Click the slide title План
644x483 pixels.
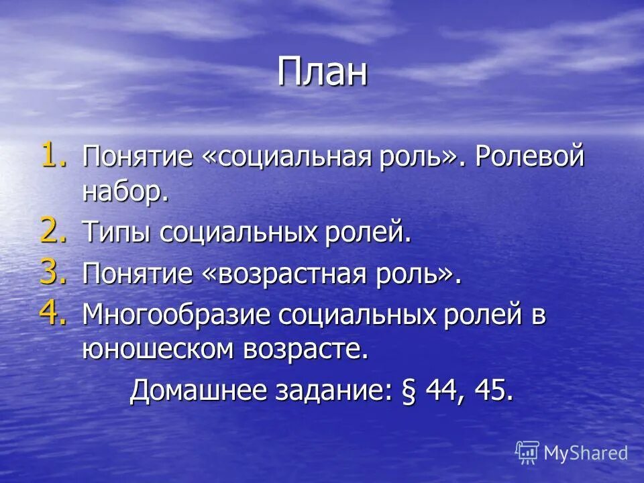point(323,72)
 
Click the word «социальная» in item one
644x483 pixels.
point(283,159)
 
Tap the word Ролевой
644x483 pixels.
point(530,159)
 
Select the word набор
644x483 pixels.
point(123,193)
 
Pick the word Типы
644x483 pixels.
point(117,234)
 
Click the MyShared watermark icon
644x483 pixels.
point(527,453)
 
